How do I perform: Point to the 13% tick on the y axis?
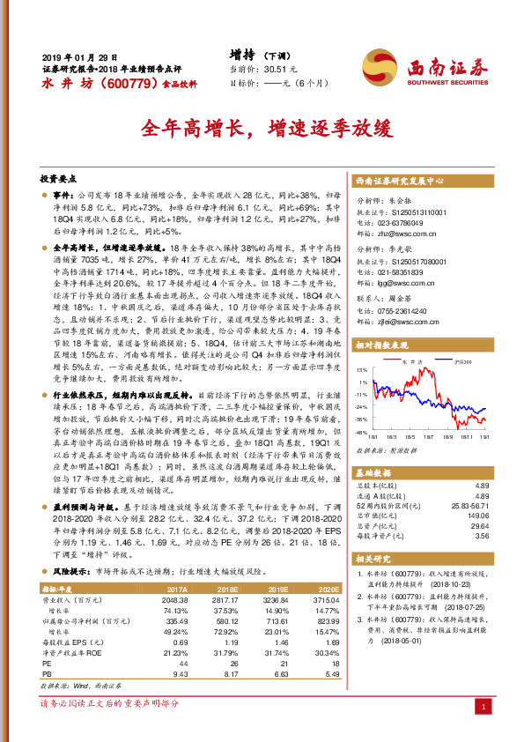click(361, 370)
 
